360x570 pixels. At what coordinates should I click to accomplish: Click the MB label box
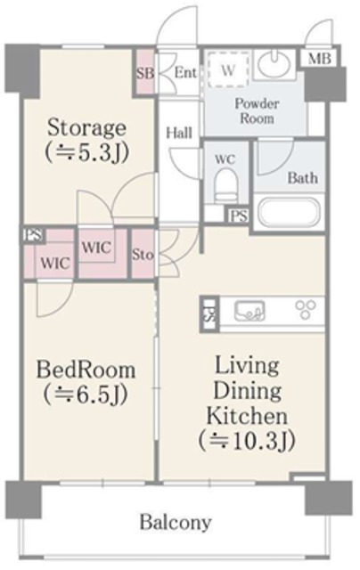pos(320,59)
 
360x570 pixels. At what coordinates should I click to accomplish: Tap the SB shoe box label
pos(145,73)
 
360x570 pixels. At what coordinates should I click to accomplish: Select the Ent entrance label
pos(185,73)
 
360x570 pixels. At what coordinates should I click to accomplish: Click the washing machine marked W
pos(228,69)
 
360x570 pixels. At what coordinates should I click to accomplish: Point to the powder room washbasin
pos(274,64)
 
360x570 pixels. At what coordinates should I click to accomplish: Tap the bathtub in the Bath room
pos(289,212)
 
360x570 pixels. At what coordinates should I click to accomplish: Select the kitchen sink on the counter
pos(250,311)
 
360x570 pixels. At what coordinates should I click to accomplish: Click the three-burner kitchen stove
pos(305,310)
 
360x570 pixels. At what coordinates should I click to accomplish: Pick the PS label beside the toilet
pos(239,216)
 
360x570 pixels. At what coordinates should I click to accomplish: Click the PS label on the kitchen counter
pos(209,314)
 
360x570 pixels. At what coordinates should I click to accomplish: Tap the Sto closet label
pos(143,255)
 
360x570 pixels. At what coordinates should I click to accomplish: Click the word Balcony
pos(176,523)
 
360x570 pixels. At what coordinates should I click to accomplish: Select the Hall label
pos(179,133)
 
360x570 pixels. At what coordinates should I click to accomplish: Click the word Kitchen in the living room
pos(247,416)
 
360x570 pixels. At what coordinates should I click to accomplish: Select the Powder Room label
pos(257,110)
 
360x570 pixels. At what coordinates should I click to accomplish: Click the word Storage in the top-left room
pos(87,128)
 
